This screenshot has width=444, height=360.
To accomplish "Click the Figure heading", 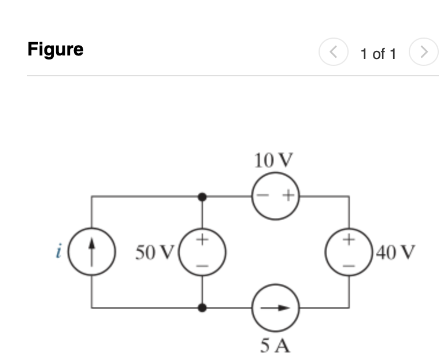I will point(55,50).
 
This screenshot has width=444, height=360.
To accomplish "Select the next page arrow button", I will point(424,54).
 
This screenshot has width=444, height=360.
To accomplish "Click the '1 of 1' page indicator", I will point(378,54).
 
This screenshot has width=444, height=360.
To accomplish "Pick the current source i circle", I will point(91,252).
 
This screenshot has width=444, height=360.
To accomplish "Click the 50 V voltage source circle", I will point(202,252).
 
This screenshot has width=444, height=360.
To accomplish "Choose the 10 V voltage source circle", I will point(275,196).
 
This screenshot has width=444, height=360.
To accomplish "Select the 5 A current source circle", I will point(275,308).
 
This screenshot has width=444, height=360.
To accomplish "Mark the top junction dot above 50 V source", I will point(202,197).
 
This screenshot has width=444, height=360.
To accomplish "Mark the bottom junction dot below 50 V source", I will point(202,308).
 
